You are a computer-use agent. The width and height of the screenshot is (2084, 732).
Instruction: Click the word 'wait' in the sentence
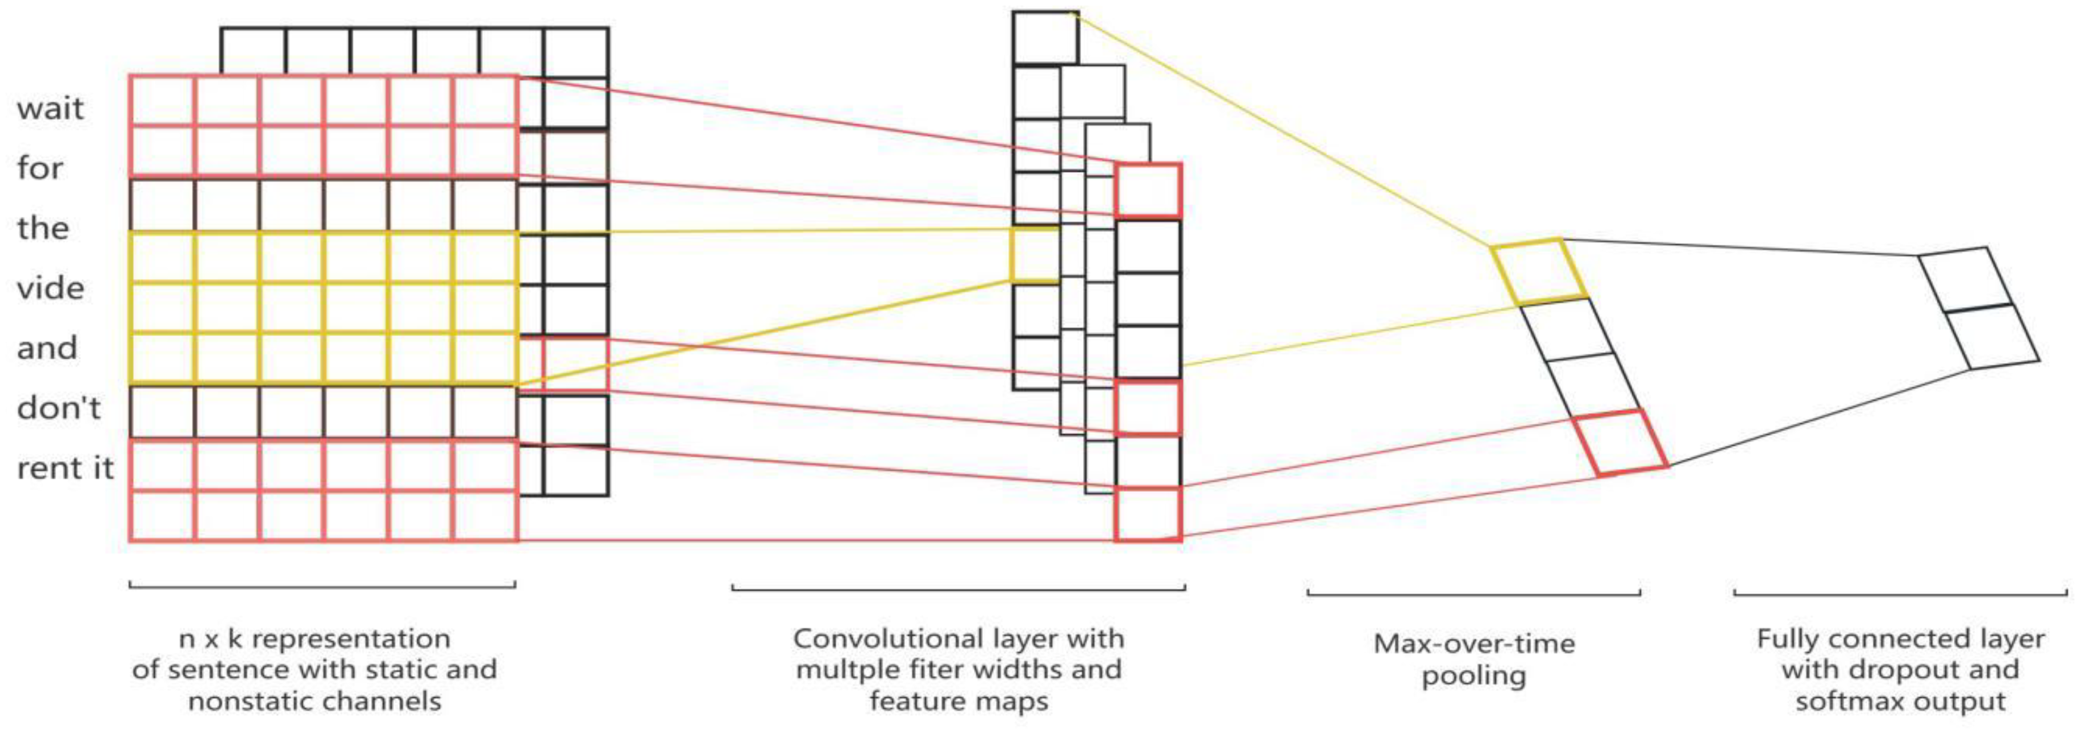pos(50,108)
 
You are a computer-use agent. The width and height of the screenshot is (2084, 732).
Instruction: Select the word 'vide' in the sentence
pos(50,288)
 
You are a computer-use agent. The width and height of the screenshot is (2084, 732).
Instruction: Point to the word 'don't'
pos(58,408)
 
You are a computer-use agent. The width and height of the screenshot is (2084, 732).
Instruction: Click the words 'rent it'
pos(65,467)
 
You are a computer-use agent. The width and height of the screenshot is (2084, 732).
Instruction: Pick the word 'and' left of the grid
pos(47,348)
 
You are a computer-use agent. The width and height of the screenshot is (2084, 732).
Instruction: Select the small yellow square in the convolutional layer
pos(1035,255)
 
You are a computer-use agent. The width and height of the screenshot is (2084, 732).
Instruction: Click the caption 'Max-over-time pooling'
pos(1474,659)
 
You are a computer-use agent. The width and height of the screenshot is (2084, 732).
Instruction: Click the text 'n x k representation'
pos(315,639)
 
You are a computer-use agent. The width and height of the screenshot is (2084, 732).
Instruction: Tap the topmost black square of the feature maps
pos(1045,37)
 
